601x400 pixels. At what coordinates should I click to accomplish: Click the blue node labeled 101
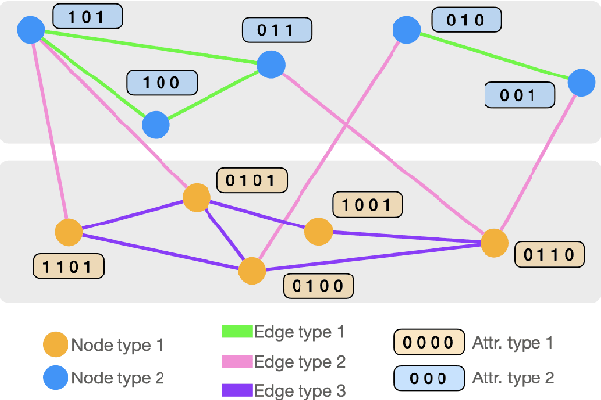pos(31,29)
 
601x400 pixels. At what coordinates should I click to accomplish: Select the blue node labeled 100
pos(155,125)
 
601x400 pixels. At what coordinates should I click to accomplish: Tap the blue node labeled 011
pos(271,66)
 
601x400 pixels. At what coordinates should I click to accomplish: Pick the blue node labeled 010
pos(406,30)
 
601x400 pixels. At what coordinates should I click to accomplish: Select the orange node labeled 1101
pos(69,232)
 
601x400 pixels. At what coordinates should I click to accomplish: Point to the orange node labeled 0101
pos(197,198)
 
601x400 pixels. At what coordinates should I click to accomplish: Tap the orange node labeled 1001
pos(318,231)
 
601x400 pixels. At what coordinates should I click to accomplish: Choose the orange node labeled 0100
pos(253,271)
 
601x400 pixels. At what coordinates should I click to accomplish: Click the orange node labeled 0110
pos(494,242)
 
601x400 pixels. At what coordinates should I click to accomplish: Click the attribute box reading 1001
pos(367,204)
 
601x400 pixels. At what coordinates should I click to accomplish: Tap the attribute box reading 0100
pos(317,285)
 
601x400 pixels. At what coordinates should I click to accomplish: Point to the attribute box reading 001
pos(518,95)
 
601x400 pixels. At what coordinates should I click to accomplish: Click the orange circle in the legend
pos(55,345)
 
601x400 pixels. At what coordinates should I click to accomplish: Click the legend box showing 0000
pos(429,343)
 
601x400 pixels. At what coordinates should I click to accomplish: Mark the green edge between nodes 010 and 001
pos(489,58)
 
